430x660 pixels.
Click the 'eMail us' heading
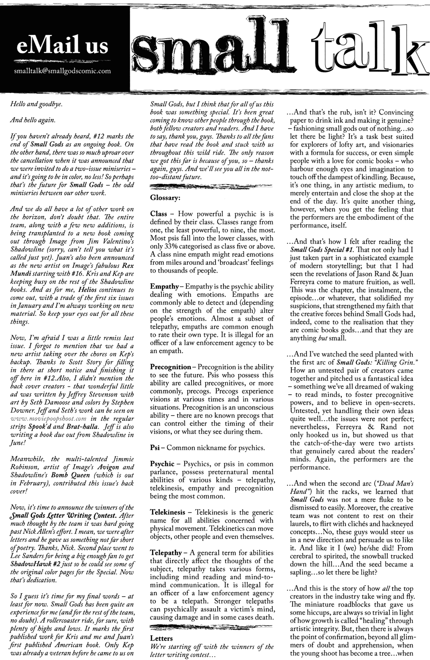coord(61,46)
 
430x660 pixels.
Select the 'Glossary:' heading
coord(165,197)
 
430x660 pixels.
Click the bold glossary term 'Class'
coord(159,214)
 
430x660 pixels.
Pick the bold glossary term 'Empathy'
coord(164,287)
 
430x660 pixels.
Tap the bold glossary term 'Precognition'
coord(170,367)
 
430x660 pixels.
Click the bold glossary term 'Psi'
coord(154,448)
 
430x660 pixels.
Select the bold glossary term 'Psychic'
coord(162,464)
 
